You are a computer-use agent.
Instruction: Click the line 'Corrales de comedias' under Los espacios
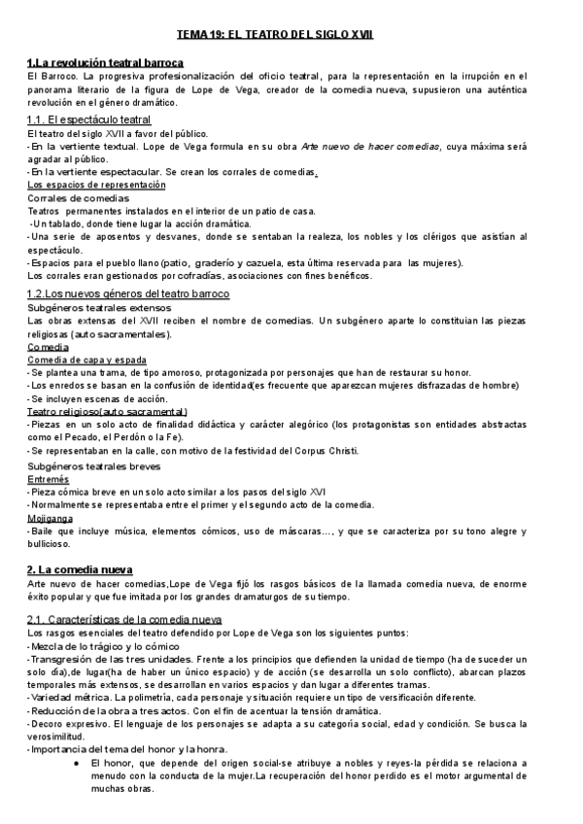coord(78,198)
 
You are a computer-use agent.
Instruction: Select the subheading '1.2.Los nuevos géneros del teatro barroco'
coord(128,293)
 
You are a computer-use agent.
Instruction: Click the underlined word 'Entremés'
coord(49,479)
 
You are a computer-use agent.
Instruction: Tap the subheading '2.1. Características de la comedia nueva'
coord(124,619)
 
